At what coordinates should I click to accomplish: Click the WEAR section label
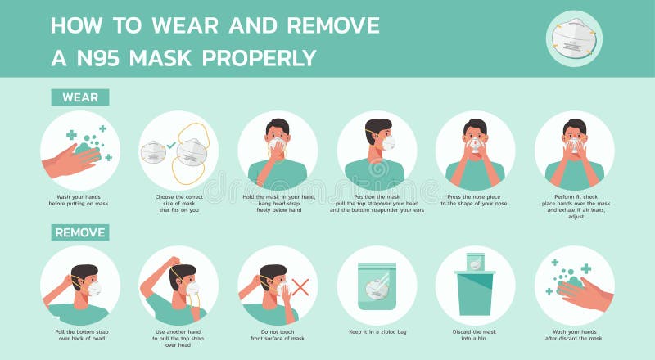[x=79, y=97]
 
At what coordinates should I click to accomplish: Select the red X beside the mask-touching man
[x=300, y=287]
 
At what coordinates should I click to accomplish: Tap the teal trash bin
[x=476, y=292]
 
